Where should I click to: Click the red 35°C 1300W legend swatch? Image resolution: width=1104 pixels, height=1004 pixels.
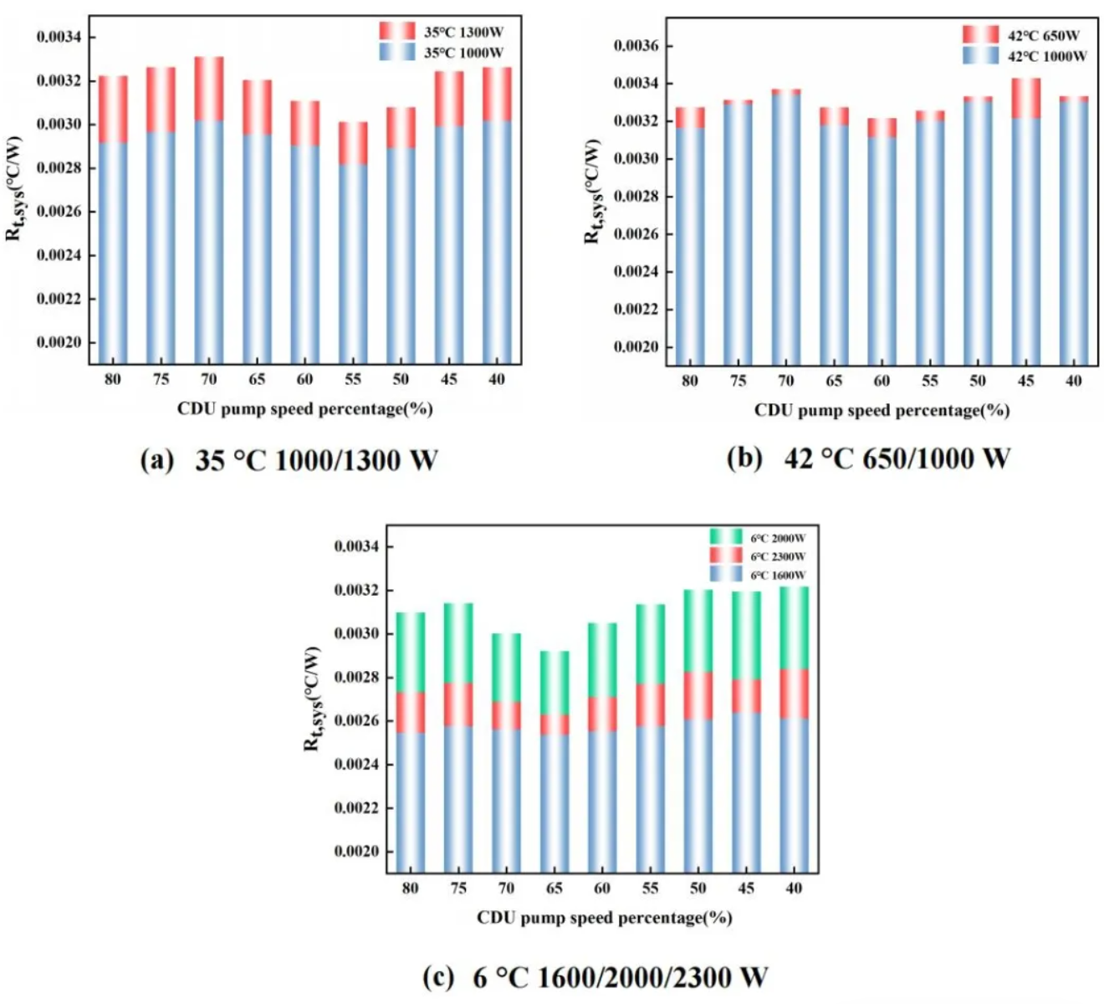pyautogui.click(x=396, y=31)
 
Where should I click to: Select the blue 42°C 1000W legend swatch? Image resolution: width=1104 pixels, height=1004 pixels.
pyautogui.click(x=980, y=55)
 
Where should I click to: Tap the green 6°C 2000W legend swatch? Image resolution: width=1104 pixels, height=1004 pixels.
pyautogui.click(x=725, y=536)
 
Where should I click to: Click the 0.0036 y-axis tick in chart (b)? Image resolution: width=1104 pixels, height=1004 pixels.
pyautogui.click(x=636, y=46)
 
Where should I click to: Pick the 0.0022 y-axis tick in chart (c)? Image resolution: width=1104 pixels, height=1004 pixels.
pyautogui.click(x=357, y=808)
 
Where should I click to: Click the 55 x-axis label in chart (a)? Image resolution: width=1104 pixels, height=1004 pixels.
pyautogui.click(x=353, y=380)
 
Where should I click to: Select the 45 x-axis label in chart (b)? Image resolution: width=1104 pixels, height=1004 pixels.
pyautogui.click(x=1025, y=382)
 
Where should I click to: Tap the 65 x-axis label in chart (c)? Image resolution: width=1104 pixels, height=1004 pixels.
pyautogui.click(x=555, y=889)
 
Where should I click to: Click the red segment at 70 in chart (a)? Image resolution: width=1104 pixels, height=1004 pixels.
pyautogui.click(x=209, y=89)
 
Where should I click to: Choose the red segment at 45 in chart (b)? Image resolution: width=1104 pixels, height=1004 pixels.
pyautogui.click(x=1025, y=98)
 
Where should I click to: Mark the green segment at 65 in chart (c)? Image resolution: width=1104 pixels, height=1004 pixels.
pyautogui.click(x=555, y=683)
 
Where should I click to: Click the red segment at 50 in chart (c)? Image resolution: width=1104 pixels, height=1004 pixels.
pyautogui.click(x=698, y=695)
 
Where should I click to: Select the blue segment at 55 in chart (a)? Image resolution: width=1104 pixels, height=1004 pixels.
pyautogui.click(x=353, y=264)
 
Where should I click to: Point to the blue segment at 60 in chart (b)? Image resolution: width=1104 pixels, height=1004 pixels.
pyautogui.click(x=882, y=251)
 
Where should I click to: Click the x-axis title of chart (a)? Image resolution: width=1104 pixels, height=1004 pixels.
pyautogui.click(x=304, y=409)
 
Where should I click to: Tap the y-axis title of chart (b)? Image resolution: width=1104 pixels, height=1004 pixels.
pyautogui.click(x=592, y=192)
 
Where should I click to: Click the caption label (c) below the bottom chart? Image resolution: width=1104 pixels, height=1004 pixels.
pyautogui.click(x=439, y=976)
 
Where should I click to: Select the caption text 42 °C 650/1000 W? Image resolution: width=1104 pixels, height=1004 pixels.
pyautogui.click(x=897, y=458)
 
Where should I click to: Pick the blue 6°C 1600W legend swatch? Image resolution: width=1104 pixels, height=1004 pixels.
pyautogui.click(x=725, y=575)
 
